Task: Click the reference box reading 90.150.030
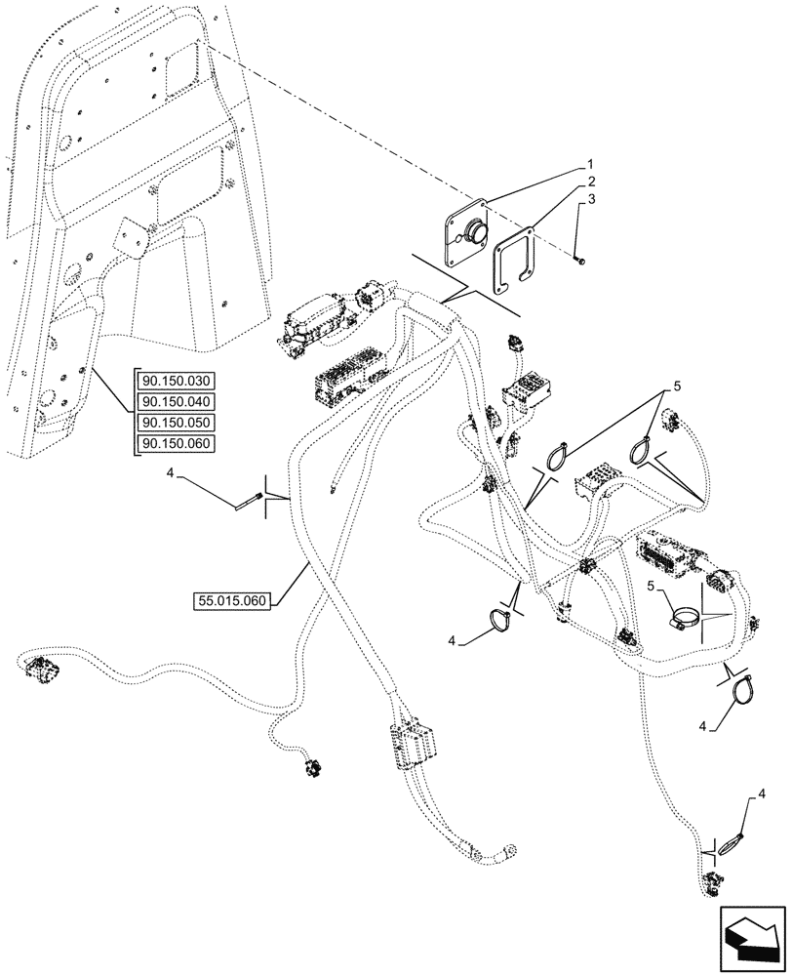181,381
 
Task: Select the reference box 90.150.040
181,401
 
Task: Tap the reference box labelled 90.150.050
181,423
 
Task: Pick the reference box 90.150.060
181,443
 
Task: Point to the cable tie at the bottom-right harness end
733,843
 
